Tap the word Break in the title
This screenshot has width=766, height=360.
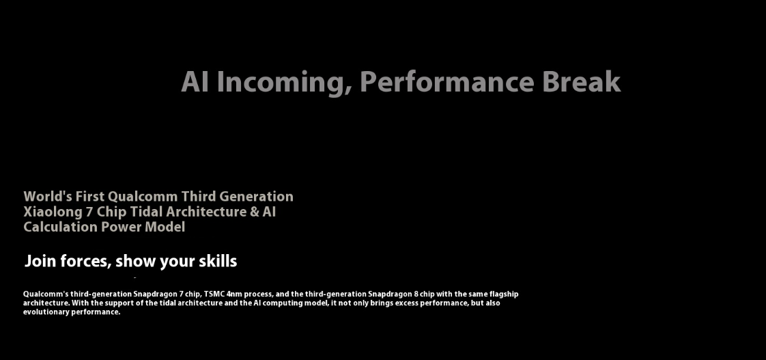coord(582,82)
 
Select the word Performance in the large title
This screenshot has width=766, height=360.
coord(446,82)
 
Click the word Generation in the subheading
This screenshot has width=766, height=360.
coord(257,196)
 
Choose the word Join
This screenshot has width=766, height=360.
coord(40,261)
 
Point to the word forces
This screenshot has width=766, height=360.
coord(85,262)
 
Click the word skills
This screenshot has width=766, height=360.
coord(218,261)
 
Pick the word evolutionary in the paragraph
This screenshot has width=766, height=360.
coord(46,312)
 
